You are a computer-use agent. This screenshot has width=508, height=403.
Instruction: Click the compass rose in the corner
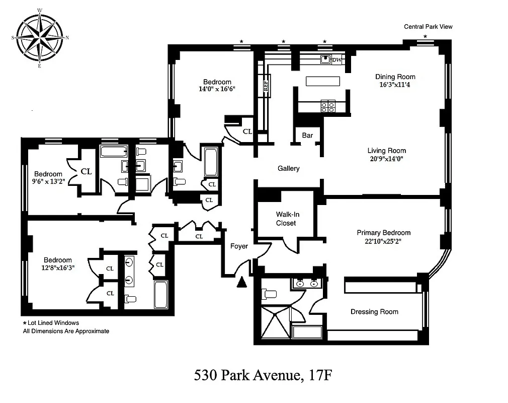pyautogui.click(x=40, y=38)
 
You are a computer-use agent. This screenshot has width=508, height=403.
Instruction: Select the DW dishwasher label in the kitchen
pyautogui.click(x=337, y=60)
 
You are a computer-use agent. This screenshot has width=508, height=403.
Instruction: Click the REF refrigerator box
pyautogui.click(x=266, y=85)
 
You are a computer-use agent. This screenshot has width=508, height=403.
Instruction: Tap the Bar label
pyautogui.click(x=307, y=136)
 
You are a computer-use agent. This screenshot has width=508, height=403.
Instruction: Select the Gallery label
pyautogui.click(x=289, y=168)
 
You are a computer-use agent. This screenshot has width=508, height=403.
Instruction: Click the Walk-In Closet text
pyautogui.click(x=286, y=219)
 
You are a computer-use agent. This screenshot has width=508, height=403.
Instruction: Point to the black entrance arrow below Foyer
pyautogui.click(x=242, y=283)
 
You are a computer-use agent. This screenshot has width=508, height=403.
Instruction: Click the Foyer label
pyautogui.click(x=239, y=246)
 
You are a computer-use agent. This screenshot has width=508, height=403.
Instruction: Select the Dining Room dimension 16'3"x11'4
pyautogui.click(x=395, y=85)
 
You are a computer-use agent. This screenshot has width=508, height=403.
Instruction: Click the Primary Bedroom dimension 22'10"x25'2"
pyautogui.click(x=383, y=241)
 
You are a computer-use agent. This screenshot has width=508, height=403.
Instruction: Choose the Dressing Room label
pyautogui.click(x=374, y=312)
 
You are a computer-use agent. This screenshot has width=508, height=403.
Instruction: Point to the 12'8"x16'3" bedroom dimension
pyautogui.click(x=57, y=268)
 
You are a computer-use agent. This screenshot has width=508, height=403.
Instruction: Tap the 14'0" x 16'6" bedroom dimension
pyautogui.click(x=217, y=89)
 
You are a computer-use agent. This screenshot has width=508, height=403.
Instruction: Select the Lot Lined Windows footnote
pyautogui.click(x=51, y=323)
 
